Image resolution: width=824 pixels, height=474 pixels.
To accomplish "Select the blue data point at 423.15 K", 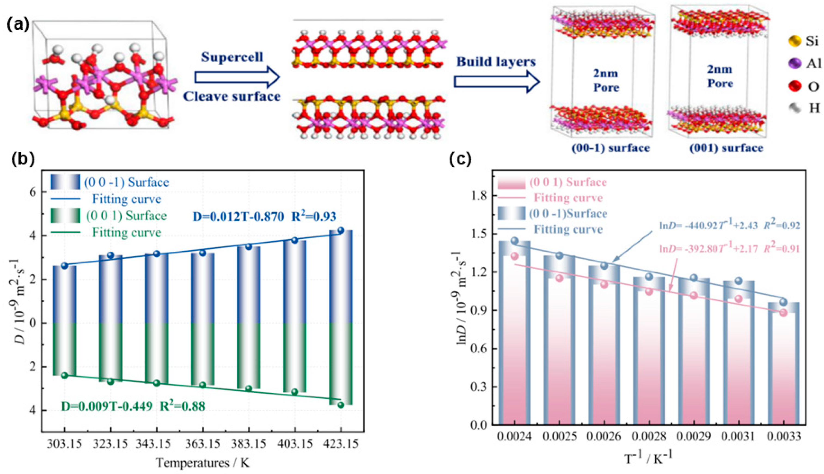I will coord(341,230).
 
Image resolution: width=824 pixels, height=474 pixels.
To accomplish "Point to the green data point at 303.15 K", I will coord(65,375).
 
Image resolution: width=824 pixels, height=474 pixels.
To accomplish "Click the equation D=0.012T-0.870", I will coord(239,217).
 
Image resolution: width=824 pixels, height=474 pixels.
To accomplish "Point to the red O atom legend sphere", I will coord(795,86).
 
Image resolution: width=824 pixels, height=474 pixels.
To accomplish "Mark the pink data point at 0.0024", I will coord(514,256).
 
